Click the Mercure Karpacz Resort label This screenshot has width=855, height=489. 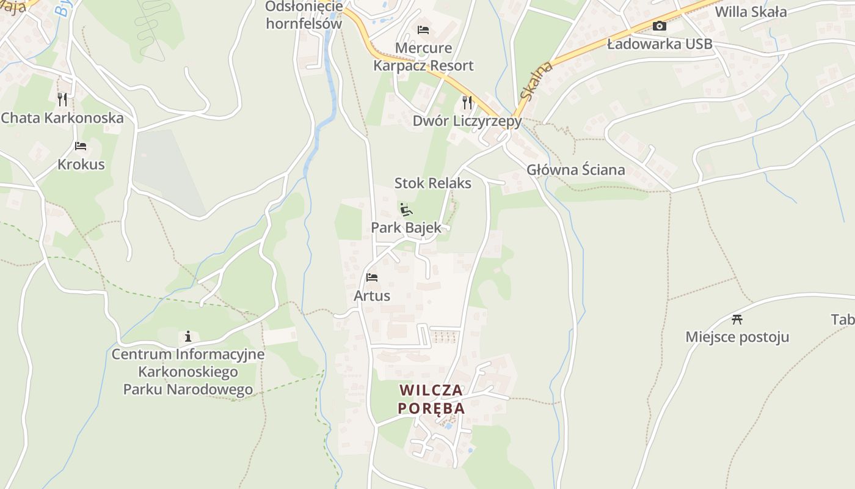[x=424, y=56]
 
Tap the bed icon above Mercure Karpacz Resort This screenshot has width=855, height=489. [x=423, y=29]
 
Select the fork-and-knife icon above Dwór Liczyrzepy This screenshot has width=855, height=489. [x=467, y=102]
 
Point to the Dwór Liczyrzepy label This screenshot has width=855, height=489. [x=467, y=121]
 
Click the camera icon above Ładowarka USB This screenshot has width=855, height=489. [x=660, y=26]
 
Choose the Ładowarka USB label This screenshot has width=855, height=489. [x=660, y=44]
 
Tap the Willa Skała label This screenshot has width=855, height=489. [x=751, y=12]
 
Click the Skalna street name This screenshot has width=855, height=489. [x=536, y=80]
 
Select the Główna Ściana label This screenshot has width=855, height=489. [x=576, y=170]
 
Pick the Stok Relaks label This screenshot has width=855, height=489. [x=433, y=183]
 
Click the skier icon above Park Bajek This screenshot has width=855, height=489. [x=406, y=210]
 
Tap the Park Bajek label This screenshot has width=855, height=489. [x=406, y=228]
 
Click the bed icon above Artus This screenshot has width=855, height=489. [x=372, y=278]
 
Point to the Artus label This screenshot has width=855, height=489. [x=372, y=296]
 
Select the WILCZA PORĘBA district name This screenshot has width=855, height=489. [x=431, y=399]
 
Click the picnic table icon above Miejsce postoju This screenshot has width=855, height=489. [x=737, y=318]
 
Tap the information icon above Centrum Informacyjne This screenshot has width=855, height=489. [x=188, y=336]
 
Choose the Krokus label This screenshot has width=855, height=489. [x=81, y=164]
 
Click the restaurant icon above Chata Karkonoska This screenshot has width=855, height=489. [x=62, y=99]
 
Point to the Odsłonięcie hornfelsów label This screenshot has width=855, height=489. [x=304, y=15]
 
